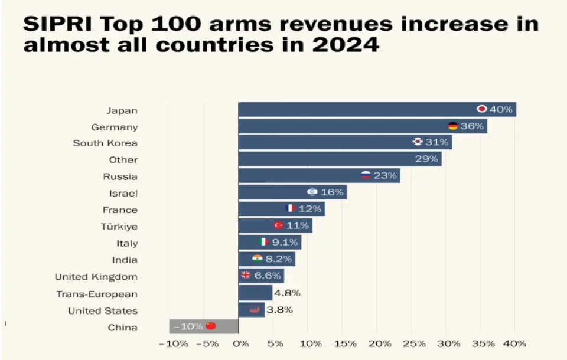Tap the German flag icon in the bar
click(x=453, y=126)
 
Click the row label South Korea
click(x=105, y=143)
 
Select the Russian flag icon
click(x=366, y=175)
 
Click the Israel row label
click(x=123, y=193)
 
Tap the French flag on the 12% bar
click(x=290, y=208)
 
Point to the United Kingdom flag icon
click(x=246, y=275)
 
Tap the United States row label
click(x=103, y=310)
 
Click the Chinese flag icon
click(x=211, y=326)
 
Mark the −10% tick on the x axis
click(x=174, y=343)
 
